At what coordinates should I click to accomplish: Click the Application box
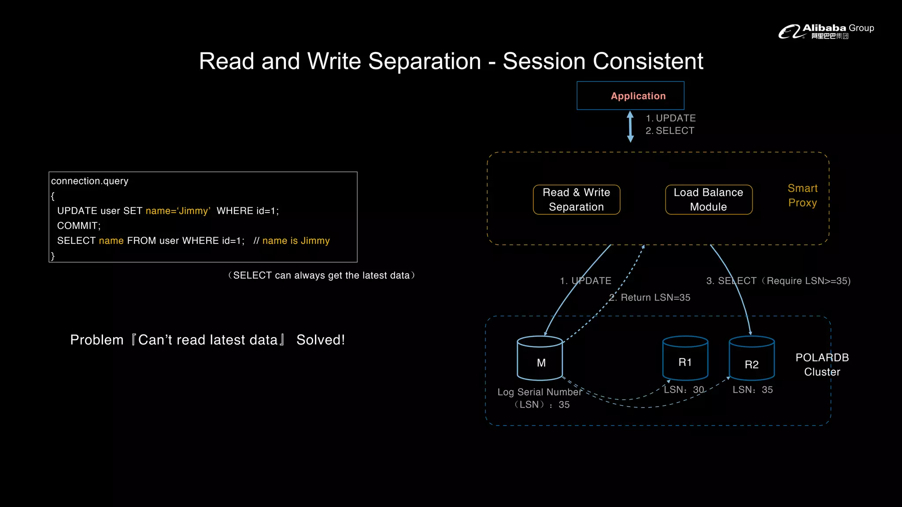click(630, 96)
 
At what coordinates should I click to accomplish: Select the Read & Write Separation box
click(576, 199)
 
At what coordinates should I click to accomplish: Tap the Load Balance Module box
click(708, 199)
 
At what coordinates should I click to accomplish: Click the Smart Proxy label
click(802, 195)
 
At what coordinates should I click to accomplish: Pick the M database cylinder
click(540, 359)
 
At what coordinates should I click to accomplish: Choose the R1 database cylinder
click(685, 359)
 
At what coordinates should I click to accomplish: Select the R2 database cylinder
click(751, 359)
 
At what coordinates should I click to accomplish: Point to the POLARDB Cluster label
click(822, 364)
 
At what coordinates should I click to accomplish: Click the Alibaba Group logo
click(826, 31)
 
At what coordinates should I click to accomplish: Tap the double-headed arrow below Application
click(630, 127)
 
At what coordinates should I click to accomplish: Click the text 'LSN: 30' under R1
click(684, 390)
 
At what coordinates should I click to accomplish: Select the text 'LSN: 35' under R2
click(752, 390)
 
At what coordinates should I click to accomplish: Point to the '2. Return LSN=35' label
click(650, 298)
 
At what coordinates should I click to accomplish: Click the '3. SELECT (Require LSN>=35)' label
click(778, 281)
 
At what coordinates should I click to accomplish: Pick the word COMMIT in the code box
click(78, 226)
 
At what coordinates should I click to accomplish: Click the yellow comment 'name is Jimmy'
click(296, 241)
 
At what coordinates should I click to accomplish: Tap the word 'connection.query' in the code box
click(90, 181)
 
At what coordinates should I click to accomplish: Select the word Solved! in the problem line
click(321, 340)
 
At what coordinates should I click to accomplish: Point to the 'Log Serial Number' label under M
click(540, 392)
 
